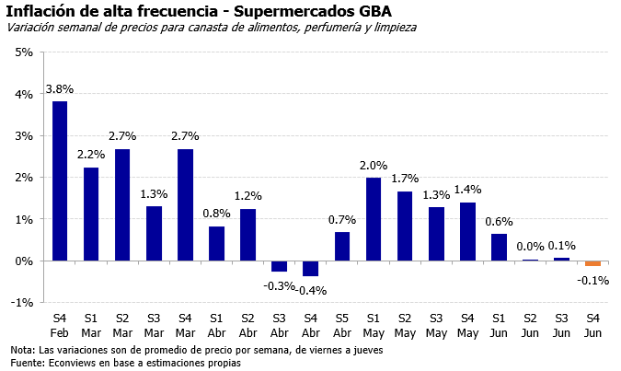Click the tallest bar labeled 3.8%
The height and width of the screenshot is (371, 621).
click(x=60, y=180)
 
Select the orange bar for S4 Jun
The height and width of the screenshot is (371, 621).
click(x=592, y=263)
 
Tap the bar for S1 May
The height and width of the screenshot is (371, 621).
click(x=374, y=219)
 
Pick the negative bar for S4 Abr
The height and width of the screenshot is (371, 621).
click(x=311, y=268)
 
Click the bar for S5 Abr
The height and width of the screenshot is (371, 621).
click(x=342, y=246)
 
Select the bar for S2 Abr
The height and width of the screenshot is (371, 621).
click(x=248, y=235)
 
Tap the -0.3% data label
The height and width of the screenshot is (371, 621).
click(x=280, y=285)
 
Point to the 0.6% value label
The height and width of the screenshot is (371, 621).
click(x=499, y=221)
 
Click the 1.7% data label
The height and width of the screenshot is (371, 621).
click(x=405, y=177)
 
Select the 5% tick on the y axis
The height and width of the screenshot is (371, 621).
click(x=25, y=52)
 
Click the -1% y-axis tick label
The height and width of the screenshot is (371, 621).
click(x=23, y=302)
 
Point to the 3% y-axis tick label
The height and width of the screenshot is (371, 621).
click(x=25, y=135)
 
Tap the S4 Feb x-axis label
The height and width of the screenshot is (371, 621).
click(x=60, y=323)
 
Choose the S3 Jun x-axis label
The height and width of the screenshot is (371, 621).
click(x=561, y=323)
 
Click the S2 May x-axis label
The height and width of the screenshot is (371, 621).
click(x=405, y=323)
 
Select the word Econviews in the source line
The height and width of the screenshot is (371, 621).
click(x=72, y=363)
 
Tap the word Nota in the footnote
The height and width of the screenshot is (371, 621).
click(x=21, y=350)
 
